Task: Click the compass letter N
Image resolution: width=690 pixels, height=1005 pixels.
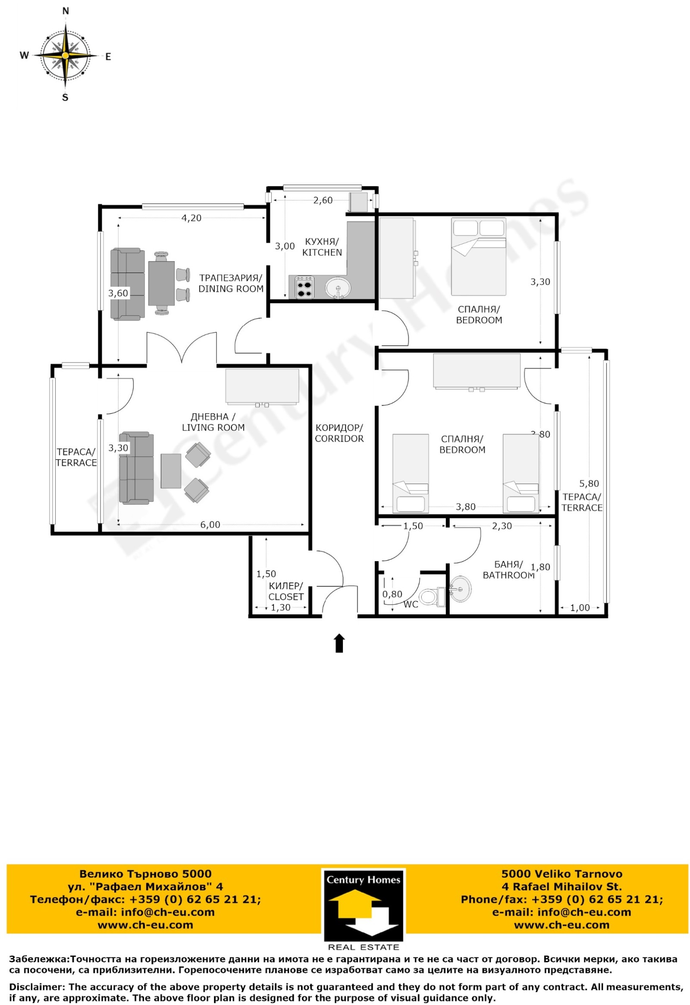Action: pos(66,11)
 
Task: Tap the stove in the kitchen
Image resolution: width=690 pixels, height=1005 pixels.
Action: pos(304,287)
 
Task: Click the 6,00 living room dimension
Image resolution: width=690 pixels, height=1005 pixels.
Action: pos(210,524)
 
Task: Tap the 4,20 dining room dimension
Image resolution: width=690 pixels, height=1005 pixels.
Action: pos(191,218)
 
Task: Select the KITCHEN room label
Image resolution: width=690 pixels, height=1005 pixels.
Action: pos(322,252)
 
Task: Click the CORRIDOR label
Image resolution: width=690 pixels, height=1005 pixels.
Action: pos(339,439)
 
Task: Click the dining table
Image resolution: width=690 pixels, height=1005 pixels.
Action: pos(161,283)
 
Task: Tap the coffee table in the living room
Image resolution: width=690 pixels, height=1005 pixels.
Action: pos(171,471)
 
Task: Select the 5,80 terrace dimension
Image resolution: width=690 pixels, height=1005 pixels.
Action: pos(589,484)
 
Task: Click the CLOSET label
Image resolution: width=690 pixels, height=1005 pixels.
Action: pos(286,597)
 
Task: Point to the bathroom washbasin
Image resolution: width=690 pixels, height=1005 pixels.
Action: pos(461,589)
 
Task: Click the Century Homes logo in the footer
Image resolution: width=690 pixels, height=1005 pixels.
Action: pos(363,911)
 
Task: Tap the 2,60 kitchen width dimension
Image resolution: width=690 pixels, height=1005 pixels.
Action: pos(323,200)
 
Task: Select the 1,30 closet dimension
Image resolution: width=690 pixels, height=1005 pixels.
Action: pos(281,608)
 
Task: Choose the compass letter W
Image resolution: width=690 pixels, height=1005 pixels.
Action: pos(24,55)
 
